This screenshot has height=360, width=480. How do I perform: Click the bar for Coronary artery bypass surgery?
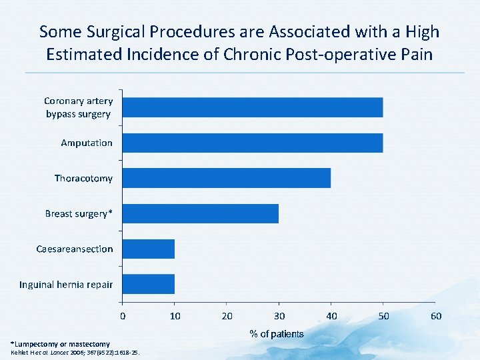[x=253, y=107]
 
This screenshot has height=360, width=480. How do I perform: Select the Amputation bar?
[x=253, y=143]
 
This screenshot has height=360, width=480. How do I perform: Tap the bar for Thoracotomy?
[x=227, y=178]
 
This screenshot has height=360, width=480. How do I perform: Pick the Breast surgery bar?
[x=201, y=213]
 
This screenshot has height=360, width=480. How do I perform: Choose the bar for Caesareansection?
[x=149, y=249]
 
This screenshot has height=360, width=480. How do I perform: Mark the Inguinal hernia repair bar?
[x=149, y=284]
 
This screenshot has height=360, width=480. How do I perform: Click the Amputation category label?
[x=87, y=143]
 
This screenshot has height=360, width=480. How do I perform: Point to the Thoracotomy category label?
[x=83, y=179]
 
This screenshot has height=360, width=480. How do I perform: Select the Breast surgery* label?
[x=79, y=214]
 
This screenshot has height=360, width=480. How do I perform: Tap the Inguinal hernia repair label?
[x=66, y=285]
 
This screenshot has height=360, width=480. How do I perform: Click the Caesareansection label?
[x=75, y=249]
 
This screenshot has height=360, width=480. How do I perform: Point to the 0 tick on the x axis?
[x=123, y=316]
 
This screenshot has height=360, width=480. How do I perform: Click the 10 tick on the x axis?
[x=175, y=316]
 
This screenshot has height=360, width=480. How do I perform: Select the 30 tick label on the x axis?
[x=279, y=316]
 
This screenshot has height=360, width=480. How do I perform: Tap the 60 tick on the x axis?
[x=436, y=316]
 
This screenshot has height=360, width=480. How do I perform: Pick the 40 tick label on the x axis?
[x=331, y=316]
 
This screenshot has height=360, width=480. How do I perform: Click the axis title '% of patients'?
[x=276, y=334]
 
